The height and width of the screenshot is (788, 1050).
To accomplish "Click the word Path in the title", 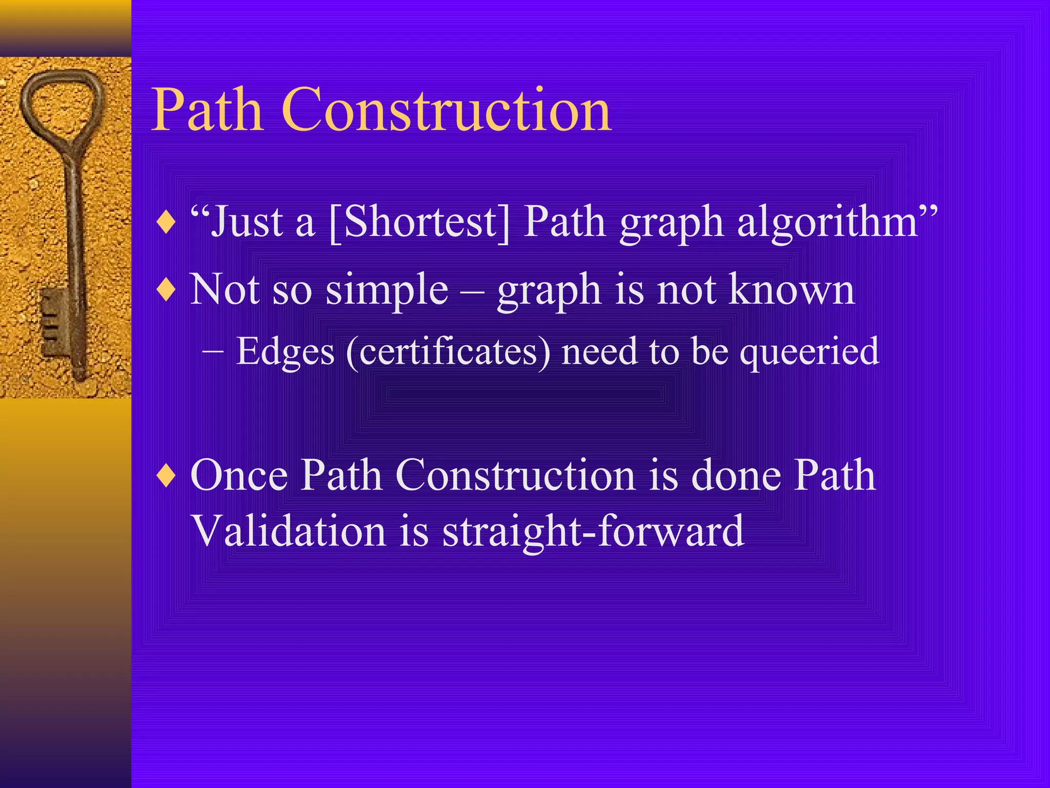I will (208, 110).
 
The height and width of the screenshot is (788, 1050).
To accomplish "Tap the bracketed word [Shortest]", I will (420, 223).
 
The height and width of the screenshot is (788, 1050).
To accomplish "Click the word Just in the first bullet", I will (247, 223).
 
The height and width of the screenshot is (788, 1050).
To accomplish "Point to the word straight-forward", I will (593, 531).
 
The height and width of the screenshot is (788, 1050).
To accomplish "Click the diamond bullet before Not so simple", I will (167, 291).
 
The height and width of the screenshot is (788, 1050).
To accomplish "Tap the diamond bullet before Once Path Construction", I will (167, 476).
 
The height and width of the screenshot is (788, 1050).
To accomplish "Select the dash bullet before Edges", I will (212, 352).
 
